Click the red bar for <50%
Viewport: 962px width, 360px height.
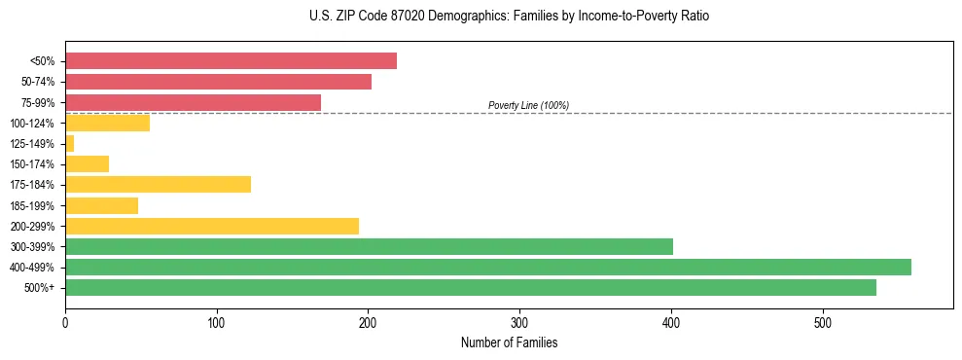(x=231, y=61)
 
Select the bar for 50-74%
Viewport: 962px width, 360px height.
(x=218, y=82)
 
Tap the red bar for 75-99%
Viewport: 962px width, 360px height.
(x=193, y=102)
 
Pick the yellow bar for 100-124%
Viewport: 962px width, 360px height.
(x=107, y=123)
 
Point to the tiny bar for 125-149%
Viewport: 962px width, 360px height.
(x=69, y=144)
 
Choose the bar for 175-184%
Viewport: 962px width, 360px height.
(x=158, y=185)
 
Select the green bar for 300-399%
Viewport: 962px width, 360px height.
(x=369, y=246)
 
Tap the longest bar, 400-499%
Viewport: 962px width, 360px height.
(x=488, y=267)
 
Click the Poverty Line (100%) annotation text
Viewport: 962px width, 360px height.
(x=528, y=105)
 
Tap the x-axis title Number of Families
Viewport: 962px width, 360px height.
(x=509, y=342)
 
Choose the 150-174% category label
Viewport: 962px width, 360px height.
(x=32, y=164)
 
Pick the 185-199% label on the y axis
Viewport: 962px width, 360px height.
(x=32, y=205)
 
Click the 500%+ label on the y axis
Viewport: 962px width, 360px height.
(x=39, y=288)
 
